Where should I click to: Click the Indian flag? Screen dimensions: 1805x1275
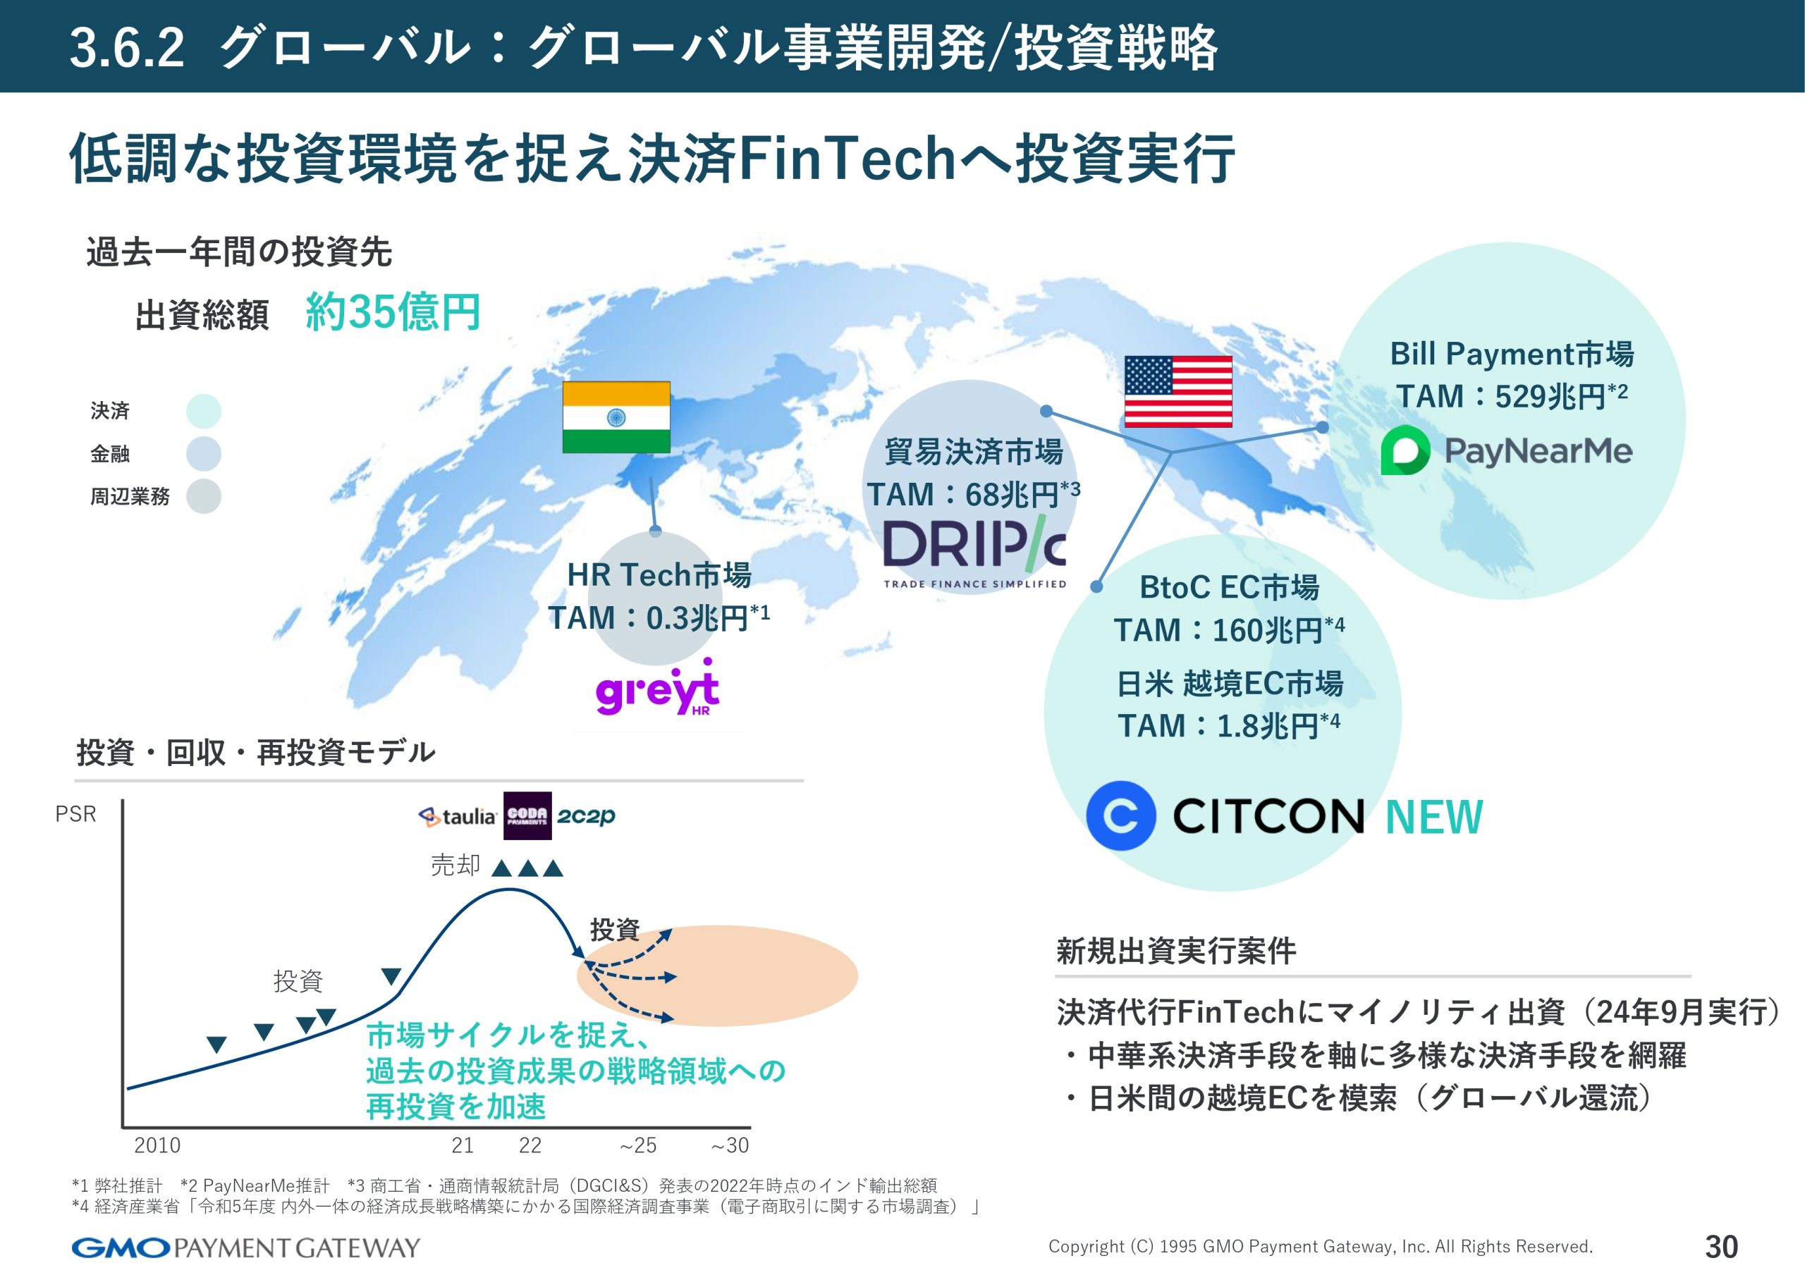[616, 417]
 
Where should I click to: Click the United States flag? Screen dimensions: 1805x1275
[1177, 391]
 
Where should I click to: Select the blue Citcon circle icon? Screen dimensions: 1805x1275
[1121, 815]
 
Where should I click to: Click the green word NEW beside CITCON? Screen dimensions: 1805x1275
[1434, 817]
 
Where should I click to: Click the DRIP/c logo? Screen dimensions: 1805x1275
[975, 551]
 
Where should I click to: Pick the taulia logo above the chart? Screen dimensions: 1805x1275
[458, 817]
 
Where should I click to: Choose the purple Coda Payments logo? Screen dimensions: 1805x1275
[527, 815]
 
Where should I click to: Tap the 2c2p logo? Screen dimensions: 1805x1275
[586, 816]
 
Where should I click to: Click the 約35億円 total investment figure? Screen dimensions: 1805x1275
[392, 312]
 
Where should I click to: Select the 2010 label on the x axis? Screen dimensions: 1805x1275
[157, 1145]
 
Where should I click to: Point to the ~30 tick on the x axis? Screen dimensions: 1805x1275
[730, 1145]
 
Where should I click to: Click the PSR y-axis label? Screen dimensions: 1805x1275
[75, 813]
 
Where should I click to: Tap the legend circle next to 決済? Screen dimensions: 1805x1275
[204, 411]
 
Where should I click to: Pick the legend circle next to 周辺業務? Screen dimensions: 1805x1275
[204, 496]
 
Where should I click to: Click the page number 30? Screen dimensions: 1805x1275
[1722, 1247]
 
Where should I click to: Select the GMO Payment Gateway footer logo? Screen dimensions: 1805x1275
[246, 1248]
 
